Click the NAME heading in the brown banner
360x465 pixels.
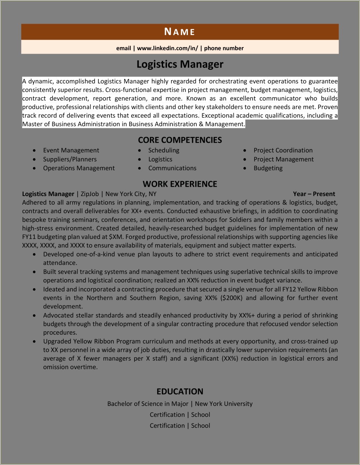(x=180, y=32)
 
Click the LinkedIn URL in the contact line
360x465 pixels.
(x=167, y=48)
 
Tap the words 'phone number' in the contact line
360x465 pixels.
(x=224, y=48)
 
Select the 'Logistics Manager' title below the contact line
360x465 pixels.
(x=180, y=64)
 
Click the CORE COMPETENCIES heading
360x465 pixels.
(x=180, y=140)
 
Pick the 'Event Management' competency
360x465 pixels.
(x=71, y=150)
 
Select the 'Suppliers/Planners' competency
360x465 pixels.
(x=70, y=159)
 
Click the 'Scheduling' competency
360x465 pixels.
(x=164, y=150)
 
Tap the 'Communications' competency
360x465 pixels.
(x=172, y=168)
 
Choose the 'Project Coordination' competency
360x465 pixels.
(x=283, y=150)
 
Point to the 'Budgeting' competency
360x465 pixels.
(x=268, y=168)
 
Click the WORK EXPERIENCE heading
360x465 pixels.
(x=180, y=184)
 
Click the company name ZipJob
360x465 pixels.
(x=89, y=194)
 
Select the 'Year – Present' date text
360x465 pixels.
(x=314, y=194)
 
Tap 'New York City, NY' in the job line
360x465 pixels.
(x=131, y=194)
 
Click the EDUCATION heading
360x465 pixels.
(x=180, y=391)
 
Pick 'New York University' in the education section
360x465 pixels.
(x=224, y=404)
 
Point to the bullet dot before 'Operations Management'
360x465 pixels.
(x=34, y=168)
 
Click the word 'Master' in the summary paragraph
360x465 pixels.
(x=32, y=124)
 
